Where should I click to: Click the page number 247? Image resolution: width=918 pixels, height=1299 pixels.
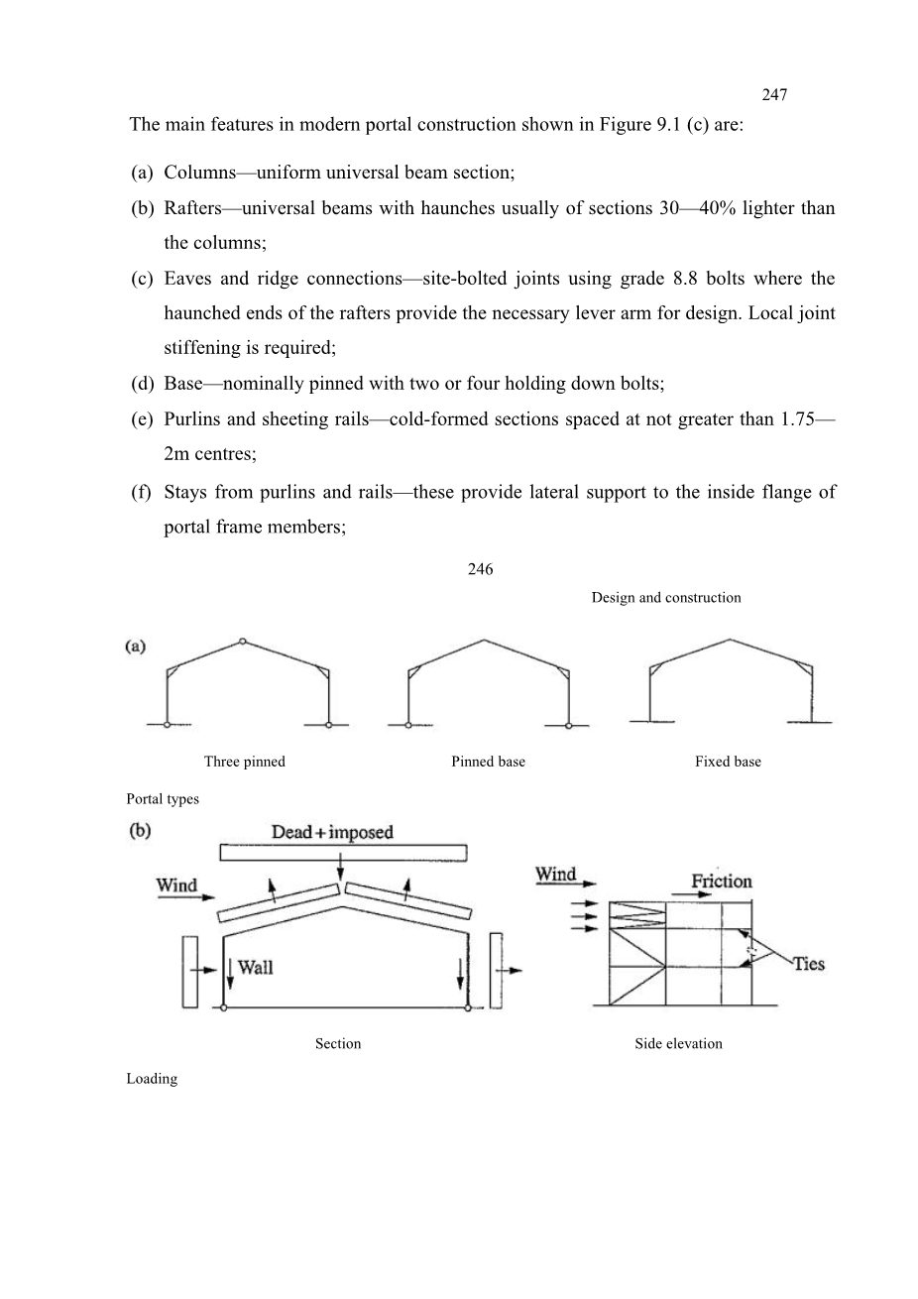[774, 95]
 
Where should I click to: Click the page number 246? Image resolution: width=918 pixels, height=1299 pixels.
[480, 569]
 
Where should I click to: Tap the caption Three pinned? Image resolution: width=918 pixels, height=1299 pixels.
[244, 762]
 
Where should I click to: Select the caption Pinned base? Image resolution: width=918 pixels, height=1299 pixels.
[488, 762]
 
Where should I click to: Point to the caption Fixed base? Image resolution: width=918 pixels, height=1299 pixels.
[728, 762]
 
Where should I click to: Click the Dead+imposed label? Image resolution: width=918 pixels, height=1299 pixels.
[332, 832]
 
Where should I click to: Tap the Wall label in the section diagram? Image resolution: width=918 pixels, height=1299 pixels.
[255, 967]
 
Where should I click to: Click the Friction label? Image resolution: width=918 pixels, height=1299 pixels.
[721, 881]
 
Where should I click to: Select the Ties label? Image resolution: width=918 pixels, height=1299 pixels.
[808, 963]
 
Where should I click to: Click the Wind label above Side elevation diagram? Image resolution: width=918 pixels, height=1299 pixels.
[555, 875]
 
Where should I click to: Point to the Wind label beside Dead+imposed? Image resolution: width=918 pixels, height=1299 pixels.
[176, 885]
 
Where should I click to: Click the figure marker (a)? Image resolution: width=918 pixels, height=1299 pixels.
[137, 647]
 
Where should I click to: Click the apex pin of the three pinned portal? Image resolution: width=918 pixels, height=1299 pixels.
[244, 642]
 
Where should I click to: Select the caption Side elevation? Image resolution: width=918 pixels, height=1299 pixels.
[678, 1043]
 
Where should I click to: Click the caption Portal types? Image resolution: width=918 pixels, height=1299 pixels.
[163, 799]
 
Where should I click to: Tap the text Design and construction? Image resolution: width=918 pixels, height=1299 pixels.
[665, 598]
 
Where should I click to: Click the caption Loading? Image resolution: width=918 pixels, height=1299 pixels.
[152, 1079]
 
